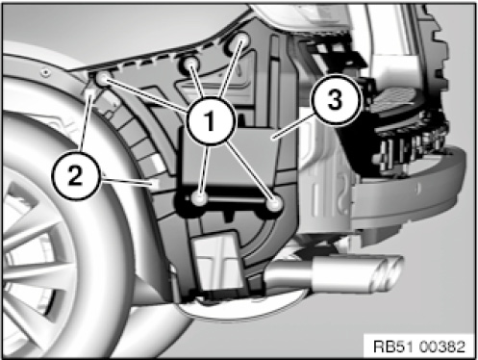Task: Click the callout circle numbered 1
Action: tap(210, 121)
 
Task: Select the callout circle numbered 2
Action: tap(75, 175)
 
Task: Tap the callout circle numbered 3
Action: tap(335, 100)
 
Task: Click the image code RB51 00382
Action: tap(419, 347)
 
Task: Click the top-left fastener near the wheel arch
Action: tap(103, 79)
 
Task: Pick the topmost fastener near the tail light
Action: tap(242, 39)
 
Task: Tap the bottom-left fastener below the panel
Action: tap(199, 198)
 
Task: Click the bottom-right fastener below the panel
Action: tap(273, 203)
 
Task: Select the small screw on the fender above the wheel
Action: tap(46, 72)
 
